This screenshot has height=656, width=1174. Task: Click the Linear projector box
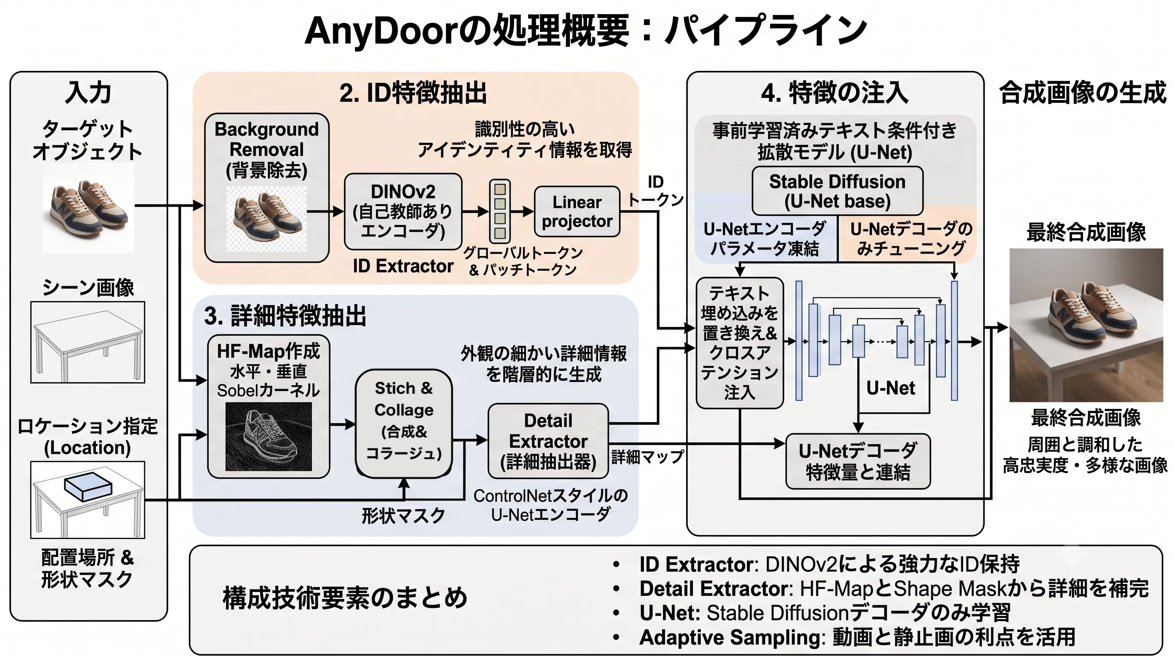coord(577,211)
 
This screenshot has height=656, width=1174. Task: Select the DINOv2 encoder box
coord(403,211)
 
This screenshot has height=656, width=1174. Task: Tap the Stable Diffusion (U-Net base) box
coord(837,190)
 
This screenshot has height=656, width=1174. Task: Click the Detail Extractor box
coord(548,441)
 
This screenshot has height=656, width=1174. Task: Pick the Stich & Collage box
coord(404,423)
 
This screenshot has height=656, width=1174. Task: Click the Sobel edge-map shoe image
coord(268,436)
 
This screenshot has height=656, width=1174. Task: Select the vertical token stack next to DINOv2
coord(500,211)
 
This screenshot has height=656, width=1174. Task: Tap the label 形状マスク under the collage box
coord(403,516)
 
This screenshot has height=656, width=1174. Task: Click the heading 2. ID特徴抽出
coord(413,93)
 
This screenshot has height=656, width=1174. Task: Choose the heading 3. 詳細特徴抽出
coord(285,316)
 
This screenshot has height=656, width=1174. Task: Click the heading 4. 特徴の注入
coord(835,93)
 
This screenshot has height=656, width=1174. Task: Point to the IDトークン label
coord(656,190)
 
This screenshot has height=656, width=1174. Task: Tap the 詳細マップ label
coord(648,456)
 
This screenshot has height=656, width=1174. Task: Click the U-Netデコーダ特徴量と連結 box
coord(858,461)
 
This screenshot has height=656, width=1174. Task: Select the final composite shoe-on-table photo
coord(1087,325)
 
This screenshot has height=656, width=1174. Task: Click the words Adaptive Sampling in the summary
coord(731,637)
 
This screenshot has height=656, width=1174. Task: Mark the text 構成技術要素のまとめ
coord(345,598)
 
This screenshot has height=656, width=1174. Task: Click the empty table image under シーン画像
coord(88,342)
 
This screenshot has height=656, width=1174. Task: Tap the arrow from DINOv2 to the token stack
coord(476,211)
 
